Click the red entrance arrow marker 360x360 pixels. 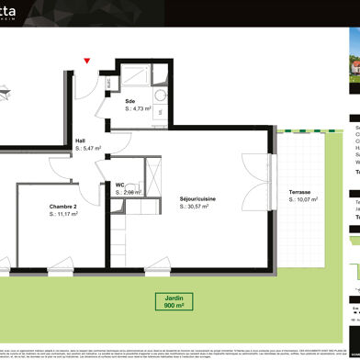[87, 62]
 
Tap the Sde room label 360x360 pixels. [131, 101]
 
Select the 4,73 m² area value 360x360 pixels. [141, 108]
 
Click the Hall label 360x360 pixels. [81, 141]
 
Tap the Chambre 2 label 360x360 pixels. [64, 207]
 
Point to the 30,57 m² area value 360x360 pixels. [195, 207]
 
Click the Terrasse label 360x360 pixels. [299, 192]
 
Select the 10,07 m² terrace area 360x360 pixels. [301, 200]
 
